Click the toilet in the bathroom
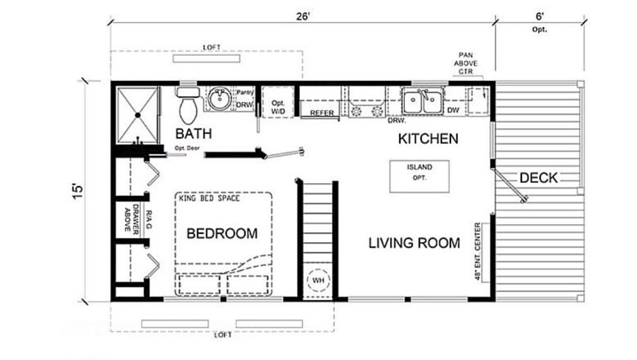click(188, 110)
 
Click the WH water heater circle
click(319, 280)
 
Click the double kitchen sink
click(423, 101)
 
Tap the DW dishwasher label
click(453, 111)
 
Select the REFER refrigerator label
click(322, 113)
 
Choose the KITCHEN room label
click(428, 138)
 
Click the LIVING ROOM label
click(414, 243)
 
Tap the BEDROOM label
click(222, 233)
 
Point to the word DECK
click(539, 178)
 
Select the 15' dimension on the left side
click(78, 188)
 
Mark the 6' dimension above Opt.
click(539, 17)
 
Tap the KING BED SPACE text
click(209, 198)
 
